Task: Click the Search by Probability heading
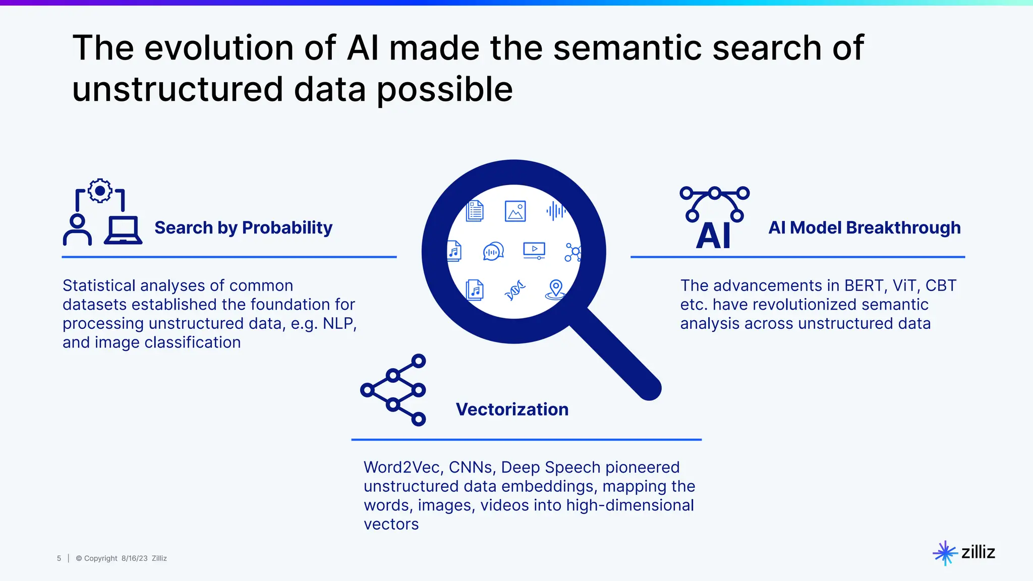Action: point(243,228)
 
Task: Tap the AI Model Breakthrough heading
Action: point(864,228)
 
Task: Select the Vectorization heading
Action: point(512,410)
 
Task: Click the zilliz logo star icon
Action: point(945,553)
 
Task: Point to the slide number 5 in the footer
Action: point(59,558)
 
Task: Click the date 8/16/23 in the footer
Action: point(134,558)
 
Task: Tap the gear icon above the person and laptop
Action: point(100,191)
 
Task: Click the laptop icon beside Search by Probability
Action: point(123,230)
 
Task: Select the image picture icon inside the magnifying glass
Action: point(515,211)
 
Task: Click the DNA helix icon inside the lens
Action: point(515,290)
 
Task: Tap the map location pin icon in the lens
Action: point(555,289)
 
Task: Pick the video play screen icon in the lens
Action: point(534,250)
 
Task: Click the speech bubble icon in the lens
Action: point(493,251)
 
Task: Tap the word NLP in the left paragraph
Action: point(339,324)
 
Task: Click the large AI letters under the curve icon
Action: point(713,236)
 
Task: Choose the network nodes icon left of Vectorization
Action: point(393,390)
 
